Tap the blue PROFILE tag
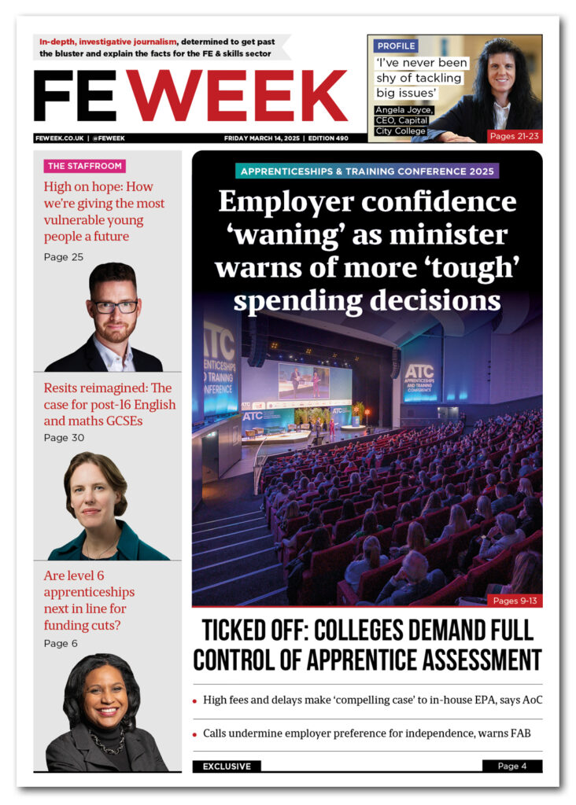[396, 46]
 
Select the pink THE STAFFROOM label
[84, 166]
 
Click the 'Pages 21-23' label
[514, 136]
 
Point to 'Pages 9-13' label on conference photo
[515, 601]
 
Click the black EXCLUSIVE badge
[227, 766]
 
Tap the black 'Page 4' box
[512, 766]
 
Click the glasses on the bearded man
[115, 307]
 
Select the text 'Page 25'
[63, 257]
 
